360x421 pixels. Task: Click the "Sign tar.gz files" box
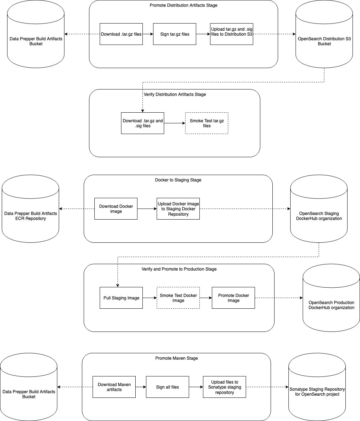tap(174, 34)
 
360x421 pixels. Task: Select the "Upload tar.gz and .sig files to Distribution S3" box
tap(231, 34)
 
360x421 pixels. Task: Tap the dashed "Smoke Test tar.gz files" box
tap(207, 123)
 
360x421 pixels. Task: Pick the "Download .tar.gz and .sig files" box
tap(142, 123)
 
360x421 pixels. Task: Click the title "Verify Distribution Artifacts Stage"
tap(174, 94)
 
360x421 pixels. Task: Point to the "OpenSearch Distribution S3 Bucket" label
tap(324, 41)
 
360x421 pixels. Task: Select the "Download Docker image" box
tap(116, 209)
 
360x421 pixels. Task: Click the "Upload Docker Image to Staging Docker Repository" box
tap(178, 209)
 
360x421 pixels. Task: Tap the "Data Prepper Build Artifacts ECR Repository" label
tap(30, 216)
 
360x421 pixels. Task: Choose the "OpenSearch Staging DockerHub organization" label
tap(319, 216)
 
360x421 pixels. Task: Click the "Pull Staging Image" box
tap(121, 298)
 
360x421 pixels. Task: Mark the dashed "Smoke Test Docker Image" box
tap(178, 298)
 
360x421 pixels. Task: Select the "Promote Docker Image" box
tap(233, 298)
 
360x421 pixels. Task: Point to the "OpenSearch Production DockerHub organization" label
tap(331, 305)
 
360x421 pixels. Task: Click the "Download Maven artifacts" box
tap(114, 387)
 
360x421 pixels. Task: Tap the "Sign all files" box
tap(167, 387)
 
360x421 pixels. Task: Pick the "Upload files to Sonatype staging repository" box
tap(224, 387)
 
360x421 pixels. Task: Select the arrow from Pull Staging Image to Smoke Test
tap(150, 298)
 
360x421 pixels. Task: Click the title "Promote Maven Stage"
tap(176, 358)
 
